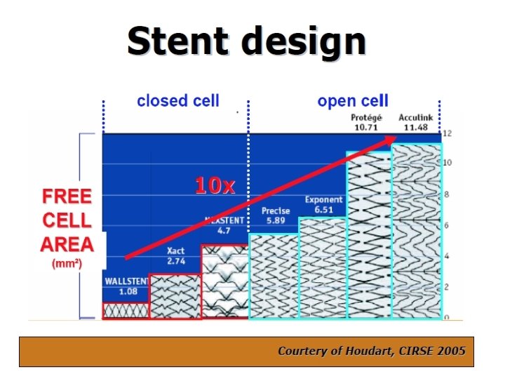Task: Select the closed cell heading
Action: [178, 101]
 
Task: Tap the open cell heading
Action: [353, 101]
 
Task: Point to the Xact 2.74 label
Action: [176, 256]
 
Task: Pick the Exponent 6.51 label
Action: [323, 204]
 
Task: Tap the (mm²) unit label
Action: [67, 265]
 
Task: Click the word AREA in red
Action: [67, 244]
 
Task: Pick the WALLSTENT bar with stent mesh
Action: [126, 310]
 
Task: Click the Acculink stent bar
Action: [417, 232]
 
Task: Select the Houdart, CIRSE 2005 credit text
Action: [371, 350]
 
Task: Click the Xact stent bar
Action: [175, 296]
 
